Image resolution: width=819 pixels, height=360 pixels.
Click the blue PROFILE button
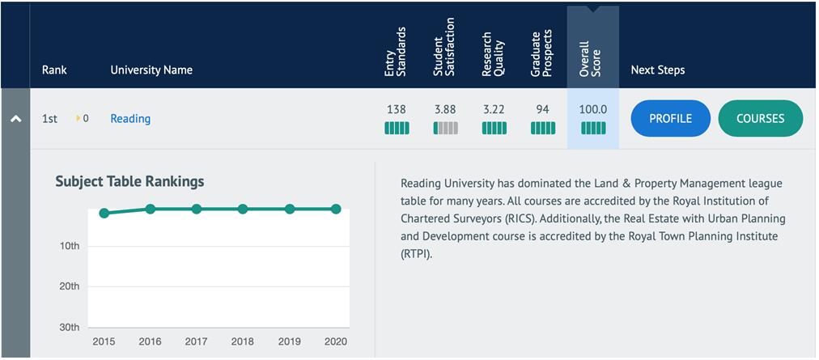(670, 118)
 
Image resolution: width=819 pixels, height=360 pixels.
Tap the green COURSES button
(760, 118)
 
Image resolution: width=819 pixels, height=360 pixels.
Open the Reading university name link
(130, 119)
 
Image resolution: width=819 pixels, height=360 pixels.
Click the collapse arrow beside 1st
(15, 119)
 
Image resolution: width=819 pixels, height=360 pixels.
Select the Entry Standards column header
(396, 53)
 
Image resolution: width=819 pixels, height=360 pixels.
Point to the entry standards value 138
(397, 109)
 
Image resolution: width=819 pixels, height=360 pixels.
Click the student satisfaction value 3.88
(445, 109)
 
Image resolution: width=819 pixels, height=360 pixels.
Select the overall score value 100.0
(593, 109)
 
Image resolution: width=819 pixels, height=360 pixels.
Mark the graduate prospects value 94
(542, 109)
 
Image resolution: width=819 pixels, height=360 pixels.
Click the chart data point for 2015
(104, 214)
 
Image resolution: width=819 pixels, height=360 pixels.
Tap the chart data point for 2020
(336, 209)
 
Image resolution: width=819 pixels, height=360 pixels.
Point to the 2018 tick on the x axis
(243, 341)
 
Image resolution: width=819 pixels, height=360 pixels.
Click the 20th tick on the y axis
(70, 286)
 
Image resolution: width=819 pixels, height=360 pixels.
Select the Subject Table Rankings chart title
(129, 181)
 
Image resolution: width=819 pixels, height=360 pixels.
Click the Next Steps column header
(657, 70)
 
